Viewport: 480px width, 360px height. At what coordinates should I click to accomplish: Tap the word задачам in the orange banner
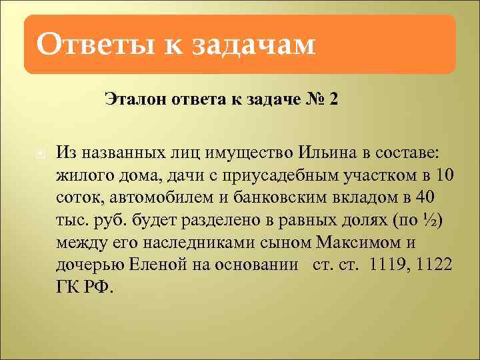point(253,45)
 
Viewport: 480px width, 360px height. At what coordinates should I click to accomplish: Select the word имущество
point(231,153)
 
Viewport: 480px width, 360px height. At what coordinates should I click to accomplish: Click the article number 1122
point(434,265)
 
